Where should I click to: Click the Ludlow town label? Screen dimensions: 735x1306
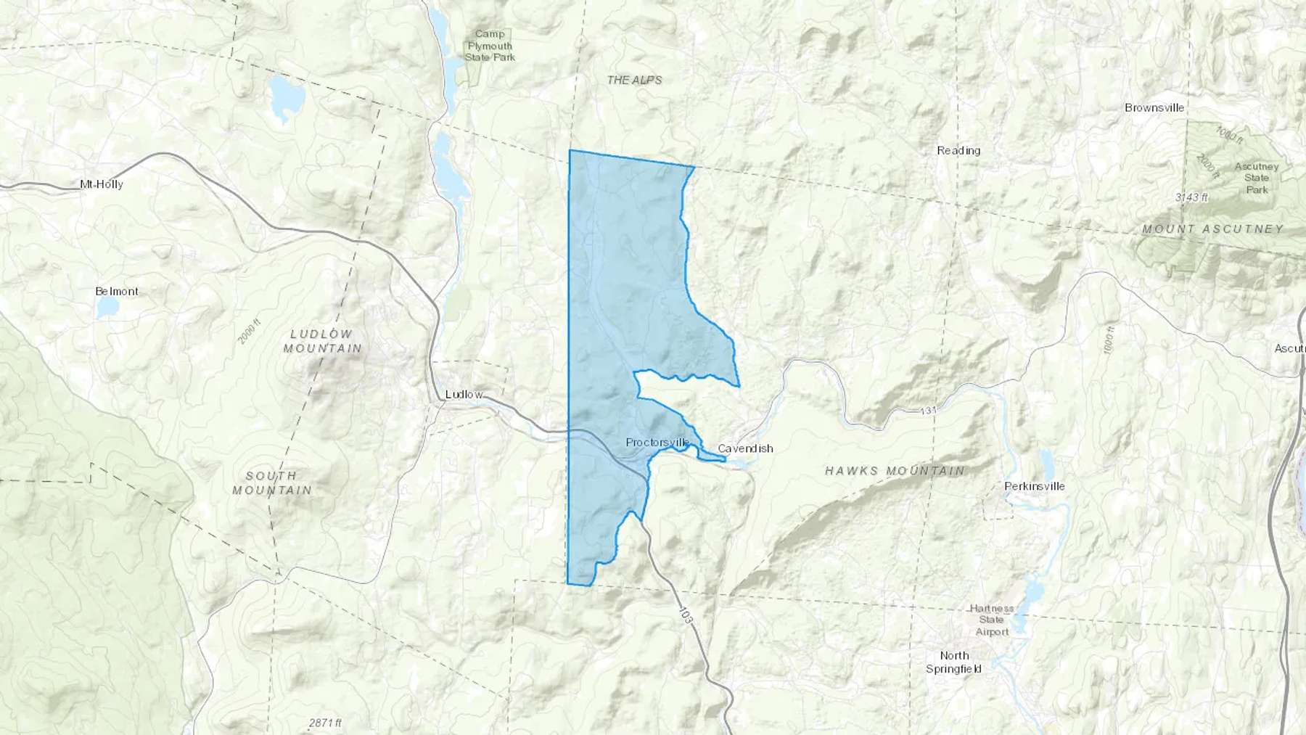(x=464, y=395)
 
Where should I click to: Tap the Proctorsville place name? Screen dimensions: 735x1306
(x=657, y=443)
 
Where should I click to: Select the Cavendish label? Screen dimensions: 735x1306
(x=745, y=448)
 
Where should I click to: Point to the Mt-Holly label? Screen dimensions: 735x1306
(x=102, y=184)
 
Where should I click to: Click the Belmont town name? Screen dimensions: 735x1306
(x=117, y=292)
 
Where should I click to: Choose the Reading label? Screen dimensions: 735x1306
(x=958, y=151)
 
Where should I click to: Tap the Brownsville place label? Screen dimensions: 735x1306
(x=1154, y=108)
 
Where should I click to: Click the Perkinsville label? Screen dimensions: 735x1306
(x=1035, y=486)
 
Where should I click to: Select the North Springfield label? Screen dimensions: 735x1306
(x=954, y=662)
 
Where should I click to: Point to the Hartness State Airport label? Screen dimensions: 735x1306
(x=991, y=620)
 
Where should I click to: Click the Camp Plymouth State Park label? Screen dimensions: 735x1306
(x=490, y=46)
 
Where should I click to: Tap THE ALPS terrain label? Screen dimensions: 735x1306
(x=634, y=81)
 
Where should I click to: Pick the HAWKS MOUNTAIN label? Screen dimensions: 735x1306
(x=895, y=471)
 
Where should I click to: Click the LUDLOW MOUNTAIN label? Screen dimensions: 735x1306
(x=322, y=341)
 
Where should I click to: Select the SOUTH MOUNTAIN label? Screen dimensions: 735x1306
(x=271, y=483)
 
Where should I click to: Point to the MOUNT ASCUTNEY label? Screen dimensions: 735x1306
(x=1212, y=229)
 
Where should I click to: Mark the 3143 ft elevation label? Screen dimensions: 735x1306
(x=1191, y=197)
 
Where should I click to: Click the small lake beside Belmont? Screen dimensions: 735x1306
(x=107, y=308)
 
